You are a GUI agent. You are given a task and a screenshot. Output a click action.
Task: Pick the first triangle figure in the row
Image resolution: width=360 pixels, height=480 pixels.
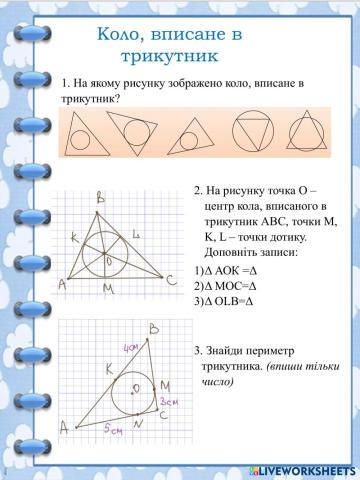(x=84, y=133)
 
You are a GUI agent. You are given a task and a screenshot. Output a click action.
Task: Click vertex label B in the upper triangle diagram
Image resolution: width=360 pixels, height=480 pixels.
(x=100, y=197)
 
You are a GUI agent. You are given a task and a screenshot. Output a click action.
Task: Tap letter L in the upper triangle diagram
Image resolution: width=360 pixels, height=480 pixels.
(x=135, y=233)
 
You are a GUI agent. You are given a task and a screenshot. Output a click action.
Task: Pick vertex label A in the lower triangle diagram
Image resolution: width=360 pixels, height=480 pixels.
(x=65, y=427)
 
